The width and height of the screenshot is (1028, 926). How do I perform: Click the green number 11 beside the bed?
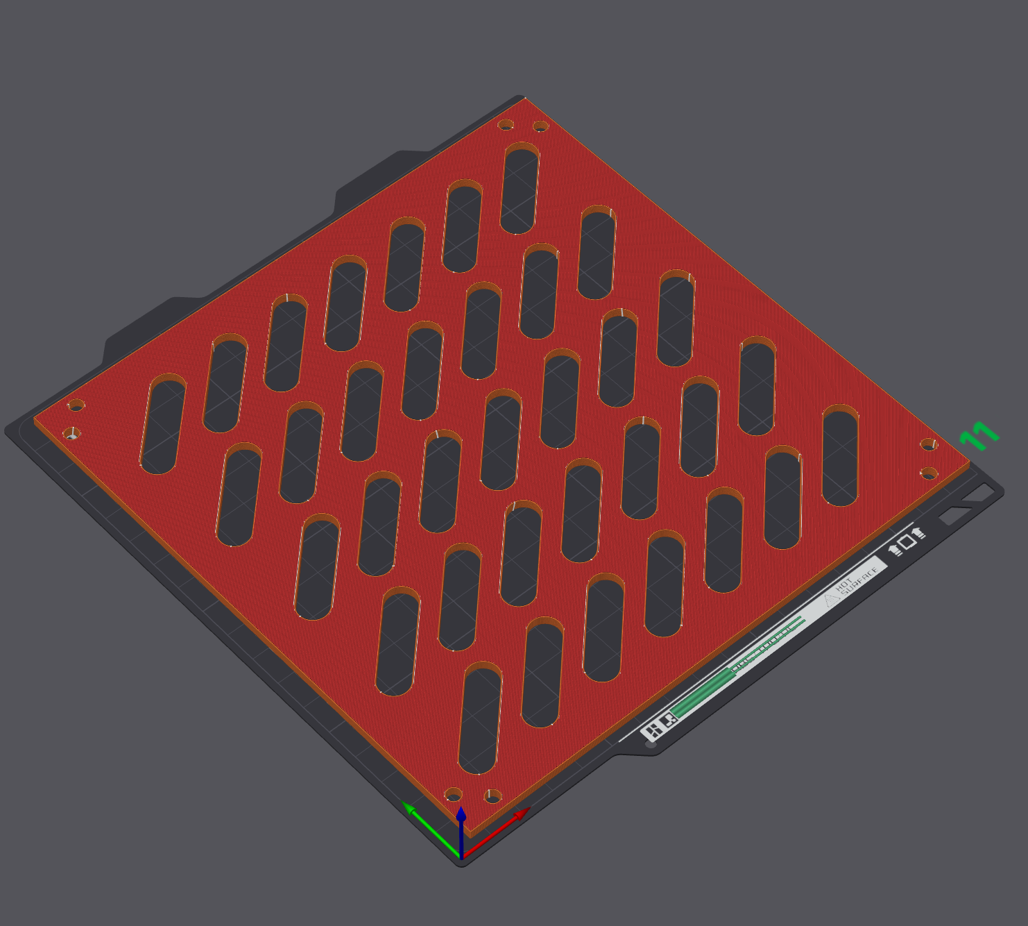pos(979,436)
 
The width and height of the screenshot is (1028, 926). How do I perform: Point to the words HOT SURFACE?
pos(856,580)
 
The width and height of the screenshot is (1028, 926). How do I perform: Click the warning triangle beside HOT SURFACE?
pos(832,599)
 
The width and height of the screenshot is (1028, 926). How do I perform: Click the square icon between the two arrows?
pos(907,541)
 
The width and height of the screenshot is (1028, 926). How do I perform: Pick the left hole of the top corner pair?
pos(506,125)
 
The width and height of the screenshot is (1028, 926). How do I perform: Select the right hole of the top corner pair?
pos(540,126)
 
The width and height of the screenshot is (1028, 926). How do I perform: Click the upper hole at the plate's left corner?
pos(76,405)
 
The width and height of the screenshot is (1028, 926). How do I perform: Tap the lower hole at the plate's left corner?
pos(72,435)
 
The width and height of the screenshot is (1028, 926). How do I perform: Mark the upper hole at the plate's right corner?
pos(929,444)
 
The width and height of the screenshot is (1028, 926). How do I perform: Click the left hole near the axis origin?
pos(453,794)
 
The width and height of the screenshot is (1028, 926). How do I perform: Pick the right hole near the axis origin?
pos(492,795)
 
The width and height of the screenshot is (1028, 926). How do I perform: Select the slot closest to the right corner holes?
pos(840,457)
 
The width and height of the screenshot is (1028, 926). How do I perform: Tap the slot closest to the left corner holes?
pos(163,424)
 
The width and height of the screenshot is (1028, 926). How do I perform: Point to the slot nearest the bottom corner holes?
pos(480,718)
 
